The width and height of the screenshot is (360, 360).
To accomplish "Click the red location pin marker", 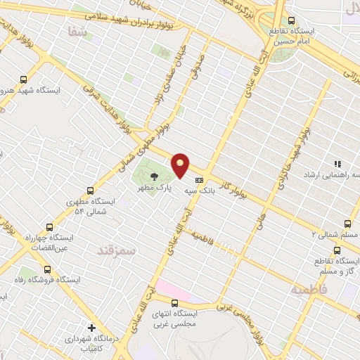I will coord(181,165).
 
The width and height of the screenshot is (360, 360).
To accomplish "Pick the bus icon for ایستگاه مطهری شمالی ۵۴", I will coord(90,190).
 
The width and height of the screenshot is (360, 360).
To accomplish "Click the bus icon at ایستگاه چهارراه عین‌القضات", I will coord(49,226).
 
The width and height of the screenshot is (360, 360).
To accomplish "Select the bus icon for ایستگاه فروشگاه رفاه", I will coord(47,269).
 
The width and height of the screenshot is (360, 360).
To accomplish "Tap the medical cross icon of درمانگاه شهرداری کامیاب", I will coord(91,327).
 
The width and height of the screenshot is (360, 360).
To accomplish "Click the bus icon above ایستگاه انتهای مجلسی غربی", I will coord(174,303).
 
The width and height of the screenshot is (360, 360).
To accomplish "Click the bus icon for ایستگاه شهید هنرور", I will coord(24,79).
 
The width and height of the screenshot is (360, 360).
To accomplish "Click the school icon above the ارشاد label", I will coord(337,162).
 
